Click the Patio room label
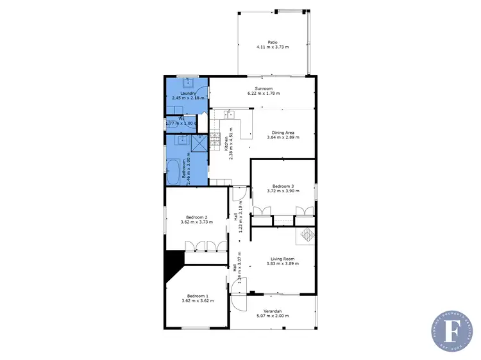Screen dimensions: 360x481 [273, 43]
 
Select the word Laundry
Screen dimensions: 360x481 [188, 94]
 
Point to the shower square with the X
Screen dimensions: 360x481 [200, 142]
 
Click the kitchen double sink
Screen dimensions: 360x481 [229, 115]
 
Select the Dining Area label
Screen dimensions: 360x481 [283, 132]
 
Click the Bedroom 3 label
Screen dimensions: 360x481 [283, 186]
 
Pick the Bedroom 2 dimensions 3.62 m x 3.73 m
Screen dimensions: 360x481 [196, 222]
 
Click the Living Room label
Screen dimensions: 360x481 [283, 259]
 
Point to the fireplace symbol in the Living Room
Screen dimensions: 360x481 [305, 234]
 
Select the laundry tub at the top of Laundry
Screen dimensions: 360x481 [189, 83]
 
